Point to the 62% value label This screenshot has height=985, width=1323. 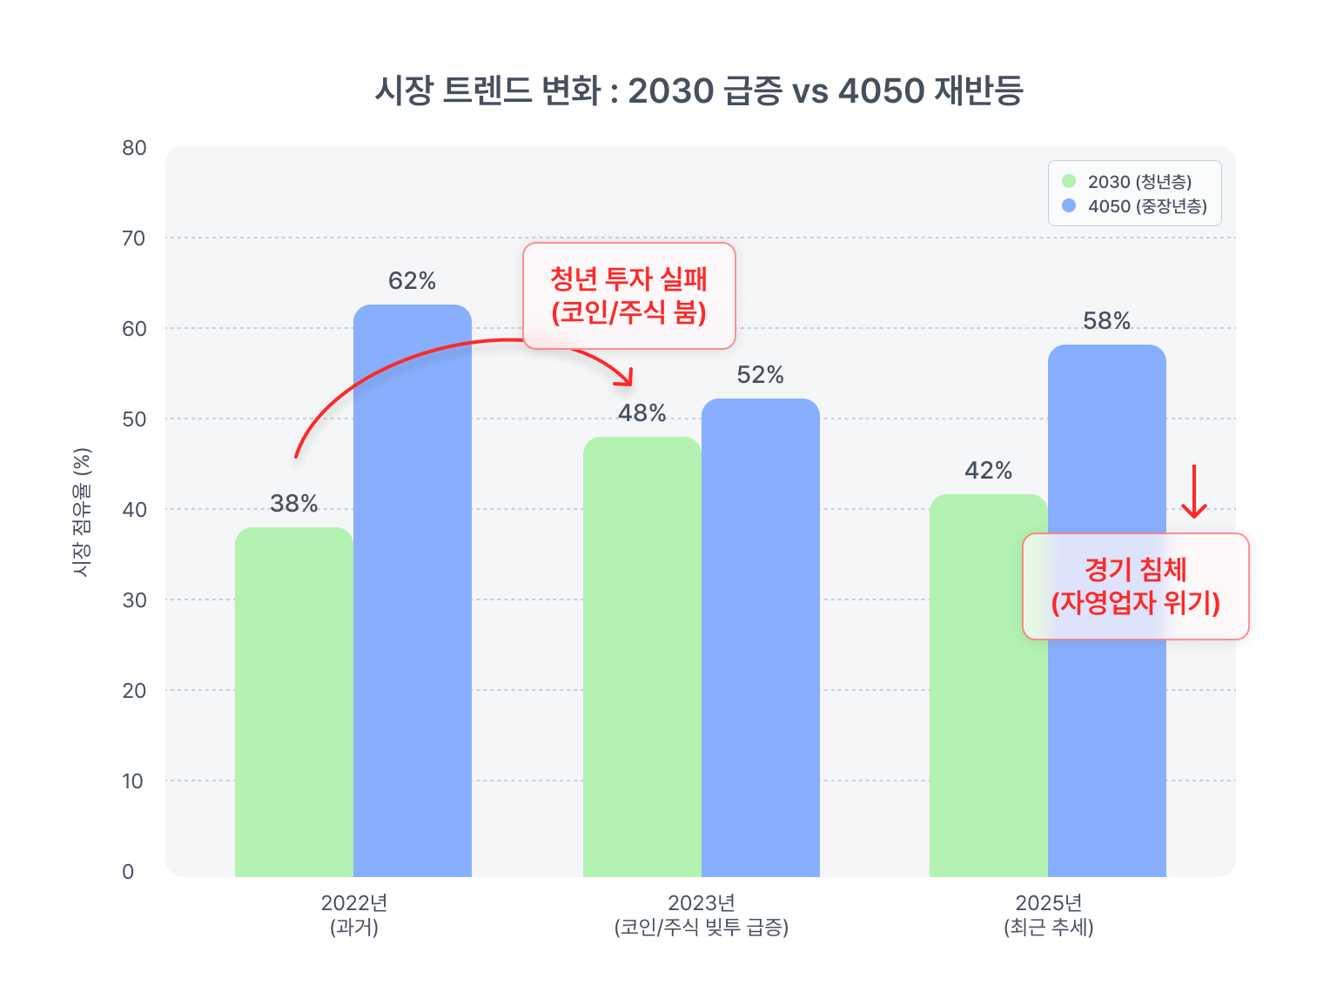pos(412,281)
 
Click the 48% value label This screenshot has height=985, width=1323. pos(641,413)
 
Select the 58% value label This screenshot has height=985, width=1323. pos(1106,321)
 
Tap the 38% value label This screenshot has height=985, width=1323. pos(293,504)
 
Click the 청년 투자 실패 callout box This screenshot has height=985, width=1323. pos(628,296)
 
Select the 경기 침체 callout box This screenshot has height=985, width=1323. pos(1135,586)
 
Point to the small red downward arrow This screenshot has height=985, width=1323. pos(1193,492)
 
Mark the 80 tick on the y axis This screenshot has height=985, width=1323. pos(134,148)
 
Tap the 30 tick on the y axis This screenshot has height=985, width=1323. pos(134,600)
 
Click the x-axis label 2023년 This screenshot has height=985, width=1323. pos(701,903)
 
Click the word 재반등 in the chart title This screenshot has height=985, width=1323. pos(977,90)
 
